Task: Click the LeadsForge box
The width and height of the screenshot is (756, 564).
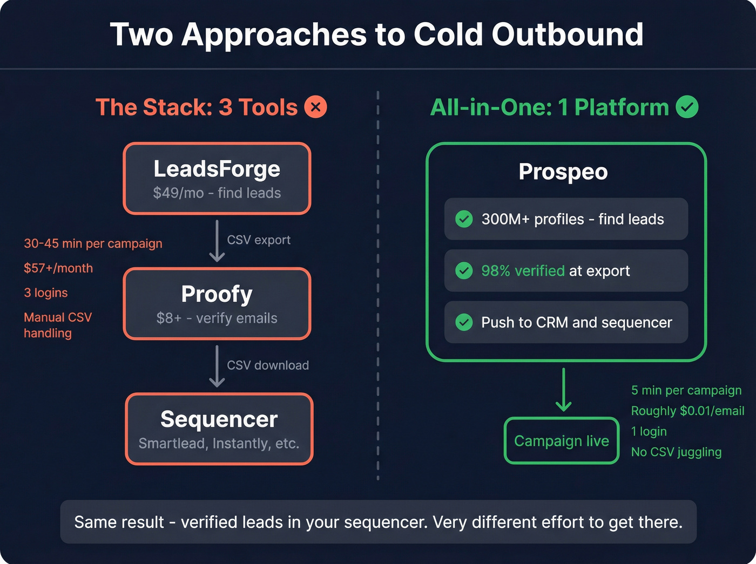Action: point(217,179)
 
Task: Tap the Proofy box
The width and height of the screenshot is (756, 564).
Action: point(217,304)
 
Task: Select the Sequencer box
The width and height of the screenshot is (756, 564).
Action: point(219,429)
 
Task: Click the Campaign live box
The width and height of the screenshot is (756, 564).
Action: point(561,441)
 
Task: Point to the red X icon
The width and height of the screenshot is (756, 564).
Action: point(315,107)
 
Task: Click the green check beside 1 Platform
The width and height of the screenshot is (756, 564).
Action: point(687,107)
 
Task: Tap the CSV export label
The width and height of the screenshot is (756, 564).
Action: point(258,240)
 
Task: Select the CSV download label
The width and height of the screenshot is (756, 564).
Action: point(267,365)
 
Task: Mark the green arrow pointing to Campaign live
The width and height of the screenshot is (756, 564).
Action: point(563,390)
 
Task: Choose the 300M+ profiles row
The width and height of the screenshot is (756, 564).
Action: point(565,219)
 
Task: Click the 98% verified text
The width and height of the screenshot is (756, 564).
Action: point(522,271)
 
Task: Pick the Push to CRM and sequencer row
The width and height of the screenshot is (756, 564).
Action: point(565,322)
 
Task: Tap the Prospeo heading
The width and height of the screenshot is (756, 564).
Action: point(563,172)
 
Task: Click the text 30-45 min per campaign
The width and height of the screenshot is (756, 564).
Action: point(93,243)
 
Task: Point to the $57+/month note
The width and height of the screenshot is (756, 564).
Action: point(58,268)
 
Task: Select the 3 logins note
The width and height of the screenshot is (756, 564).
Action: point(46,293)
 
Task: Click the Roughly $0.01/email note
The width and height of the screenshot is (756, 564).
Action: point(687,411)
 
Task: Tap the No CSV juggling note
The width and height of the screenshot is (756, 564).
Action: point(676,452)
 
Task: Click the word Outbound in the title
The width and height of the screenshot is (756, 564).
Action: point(567,35)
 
